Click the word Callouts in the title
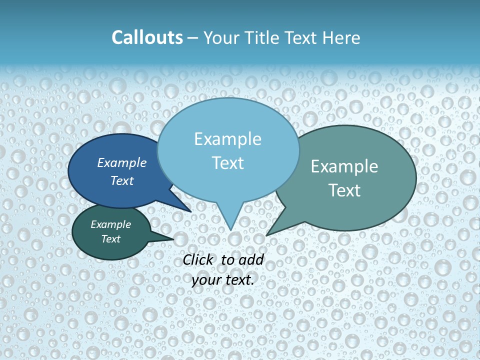(x=147, y=38)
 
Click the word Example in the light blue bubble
(x=227, y=139)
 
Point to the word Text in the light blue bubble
(x=227, y=163)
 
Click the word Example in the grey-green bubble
(x=344, y=166)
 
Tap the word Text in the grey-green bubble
(x=344, y=190)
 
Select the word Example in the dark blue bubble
(x=121, y=162)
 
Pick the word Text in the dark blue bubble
(x=121, y=180)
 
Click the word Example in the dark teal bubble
(x=110, y=224)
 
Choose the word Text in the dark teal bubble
(x=110, y=239)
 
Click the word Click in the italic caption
(x=198, y=259)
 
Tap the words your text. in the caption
(x=223, y=280)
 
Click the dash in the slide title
(x=193, y=38)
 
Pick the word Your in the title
(x=220, y=38)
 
